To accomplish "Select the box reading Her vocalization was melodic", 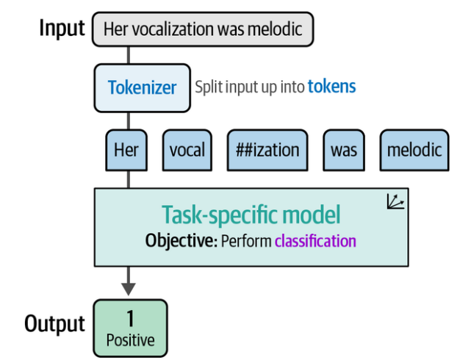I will point(202,29).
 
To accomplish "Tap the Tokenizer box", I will point(142,87).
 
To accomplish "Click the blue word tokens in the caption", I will point(331,87).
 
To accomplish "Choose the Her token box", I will point(126,150).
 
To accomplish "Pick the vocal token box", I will point(187,150).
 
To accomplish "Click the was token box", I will point(343,150).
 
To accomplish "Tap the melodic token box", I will point(415,150).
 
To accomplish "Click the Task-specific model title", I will point(251,215).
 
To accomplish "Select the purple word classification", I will point(315,241).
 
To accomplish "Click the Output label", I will point(55,324).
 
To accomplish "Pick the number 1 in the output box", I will point(130,318).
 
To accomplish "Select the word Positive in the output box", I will point(130,340).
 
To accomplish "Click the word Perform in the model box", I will point(246,241).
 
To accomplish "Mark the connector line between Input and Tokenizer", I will point(129,54).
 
